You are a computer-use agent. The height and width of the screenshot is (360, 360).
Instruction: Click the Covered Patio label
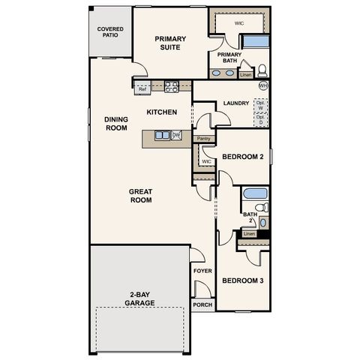click(110, 32)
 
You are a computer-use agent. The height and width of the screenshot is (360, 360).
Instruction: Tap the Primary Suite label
click(170, 43)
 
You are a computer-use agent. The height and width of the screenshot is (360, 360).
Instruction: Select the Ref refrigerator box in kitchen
click(142, 89)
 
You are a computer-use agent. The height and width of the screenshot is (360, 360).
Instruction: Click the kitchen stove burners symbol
click(171, 87)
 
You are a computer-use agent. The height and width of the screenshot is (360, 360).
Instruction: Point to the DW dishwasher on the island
click(176, 135)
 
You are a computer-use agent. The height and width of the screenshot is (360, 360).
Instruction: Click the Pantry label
click(202, 139)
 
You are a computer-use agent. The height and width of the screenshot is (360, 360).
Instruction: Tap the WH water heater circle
click(262, 86)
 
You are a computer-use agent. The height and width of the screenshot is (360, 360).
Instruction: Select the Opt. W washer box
click(260, 104)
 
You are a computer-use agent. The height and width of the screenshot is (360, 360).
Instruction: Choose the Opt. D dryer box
click(260, 118)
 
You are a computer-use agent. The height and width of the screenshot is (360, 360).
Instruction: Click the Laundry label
click(236, 103)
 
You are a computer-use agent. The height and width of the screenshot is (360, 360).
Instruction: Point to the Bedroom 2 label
click(242, 157)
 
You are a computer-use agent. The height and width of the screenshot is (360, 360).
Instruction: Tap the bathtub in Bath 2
click(255, 193)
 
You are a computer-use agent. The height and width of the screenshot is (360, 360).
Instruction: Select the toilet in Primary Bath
click(262, 72)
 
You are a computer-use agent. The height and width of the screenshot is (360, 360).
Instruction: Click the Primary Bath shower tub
click(255, 41)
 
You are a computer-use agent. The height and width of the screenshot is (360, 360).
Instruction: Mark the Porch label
click(202, 305)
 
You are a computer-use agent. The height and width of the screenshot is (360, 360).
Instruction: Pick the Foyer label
click(202, 271)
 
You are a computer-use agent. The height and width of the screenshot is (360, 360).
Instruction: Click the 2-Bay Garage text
click(140, 298)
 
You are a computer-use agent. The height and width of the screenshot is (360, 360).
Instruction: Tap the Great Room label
click(140, 196)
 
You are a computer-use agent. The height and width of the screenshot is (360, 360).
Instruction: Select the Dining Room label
click(116, 123)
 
